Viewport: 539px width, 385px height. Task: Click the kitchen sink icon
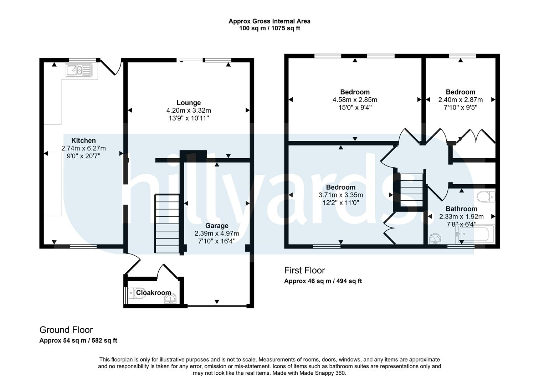79,70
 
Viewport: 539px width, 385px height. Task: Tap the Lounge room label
189,103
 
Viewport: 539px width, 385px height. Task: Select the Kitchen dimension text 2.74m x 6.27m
83,148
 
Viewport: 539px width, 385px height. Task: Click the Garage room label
217,226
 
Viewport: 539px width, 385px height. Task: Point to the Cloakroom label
154,293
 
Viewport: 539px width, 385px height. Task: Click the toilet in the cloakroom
137,293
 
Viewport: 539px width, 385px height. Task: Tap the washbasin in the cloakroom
170,299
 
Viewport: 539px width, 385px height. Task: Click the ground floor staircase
167,224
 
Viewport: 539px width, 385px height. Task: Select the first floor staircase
411,190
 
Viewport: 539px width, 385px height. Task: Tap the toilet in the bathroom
486,197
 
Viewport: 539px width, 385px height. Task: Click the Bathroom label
461,209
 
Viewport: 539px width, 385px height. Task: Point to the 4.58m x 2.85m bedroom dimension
355,99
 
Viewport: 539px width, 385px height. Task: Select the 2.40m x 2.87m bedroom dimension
460,99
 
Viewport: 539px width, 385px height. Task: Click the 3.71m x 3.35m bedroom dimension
341,195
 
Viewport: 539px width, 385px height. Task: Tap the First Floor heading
304,271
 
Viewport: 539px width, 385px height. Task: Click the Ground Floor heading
66,330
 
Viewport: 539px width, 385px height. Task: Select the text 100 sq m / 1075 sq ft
269,29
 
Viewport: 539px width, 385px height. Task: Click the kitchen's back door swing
112,67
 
